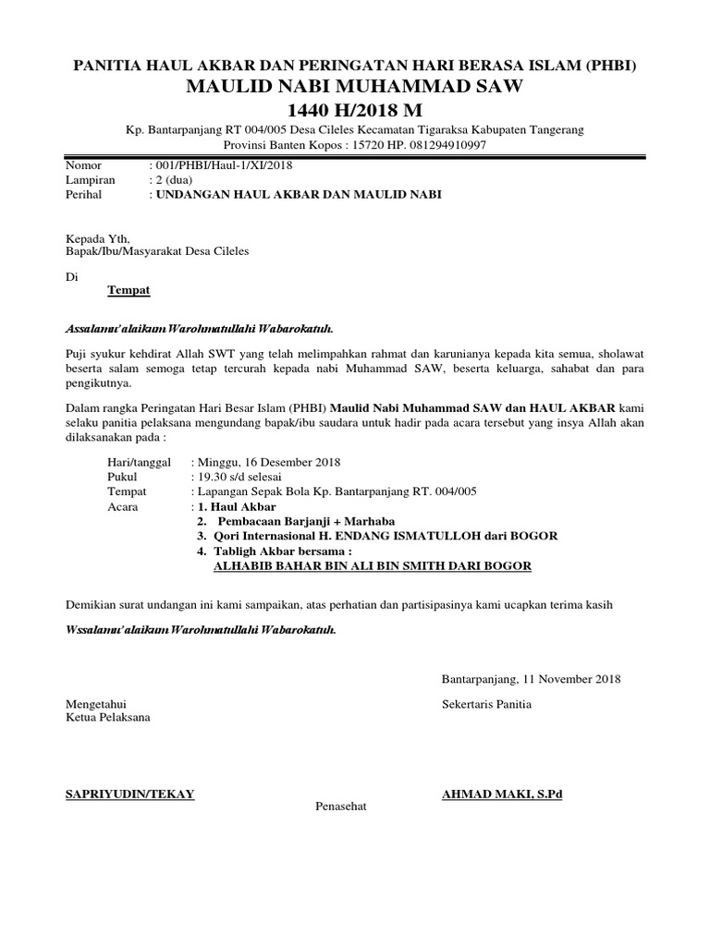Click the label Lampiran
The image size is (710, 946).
tap(88, 180)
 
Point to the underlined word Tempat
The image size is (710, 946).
tap(129, 290)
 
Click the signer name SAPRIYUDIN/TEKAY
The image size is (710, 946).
tap(129, 794)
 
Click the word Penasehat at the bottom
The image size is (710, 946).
tap(341, 806)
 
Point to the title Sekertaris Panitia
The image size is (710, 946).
tap(487, 704)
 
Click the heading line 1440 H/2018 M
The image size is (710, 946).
tap(355, 111)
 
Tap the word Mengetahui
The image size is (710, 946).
tap(95, 704)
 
